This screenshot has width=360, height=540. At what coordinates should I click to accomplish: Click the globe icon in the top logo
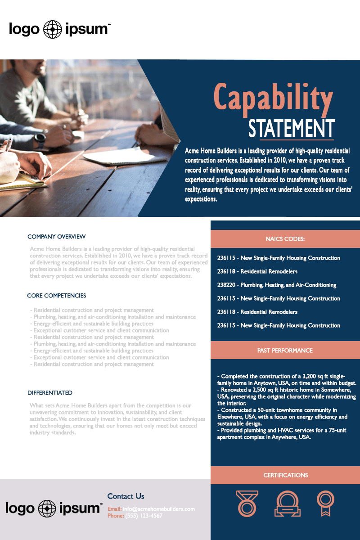(x=53, y=30)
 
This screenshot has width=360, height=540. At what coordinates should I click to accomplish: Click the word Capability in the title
(x=273, y=98)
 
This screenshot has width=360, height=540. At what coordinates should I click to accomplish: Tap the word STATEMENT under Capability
(x=292, y=129)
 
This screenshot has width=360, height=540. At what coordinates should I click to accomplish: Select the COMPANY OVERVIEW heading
(x=56, y=237)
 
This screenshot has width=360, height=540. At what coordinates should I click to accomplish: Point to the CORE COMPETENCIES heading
(x=56, y=296)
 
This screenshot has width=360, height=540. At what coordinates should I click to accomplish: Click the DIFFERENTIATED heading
(x=49, y=393)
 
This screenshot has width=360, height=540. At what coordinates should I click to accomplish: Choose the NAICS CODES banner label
(x=285, y=239)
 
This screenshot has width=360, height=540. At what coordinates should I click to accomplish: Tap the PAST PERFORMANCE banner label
(x=285, y=350)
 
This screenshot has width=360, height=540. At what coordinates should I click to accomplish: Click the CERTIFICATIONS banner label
(x=285, y=475)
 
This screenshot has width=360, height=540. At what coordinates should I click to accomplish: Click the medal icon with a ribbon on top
(x=247, y=503)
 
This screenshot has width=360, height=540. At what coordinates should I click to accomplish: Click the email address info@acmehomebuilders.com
(x=159, y=509)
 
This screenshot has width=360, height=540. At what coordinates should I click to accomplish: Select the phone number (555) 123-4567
(x=144, y=516)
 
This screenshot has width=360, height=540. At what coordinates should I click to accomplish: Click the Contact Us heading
(x=126, y=496)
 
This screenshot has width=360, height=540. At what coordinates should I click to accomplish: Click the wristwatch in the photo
(x=40, y=138)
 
